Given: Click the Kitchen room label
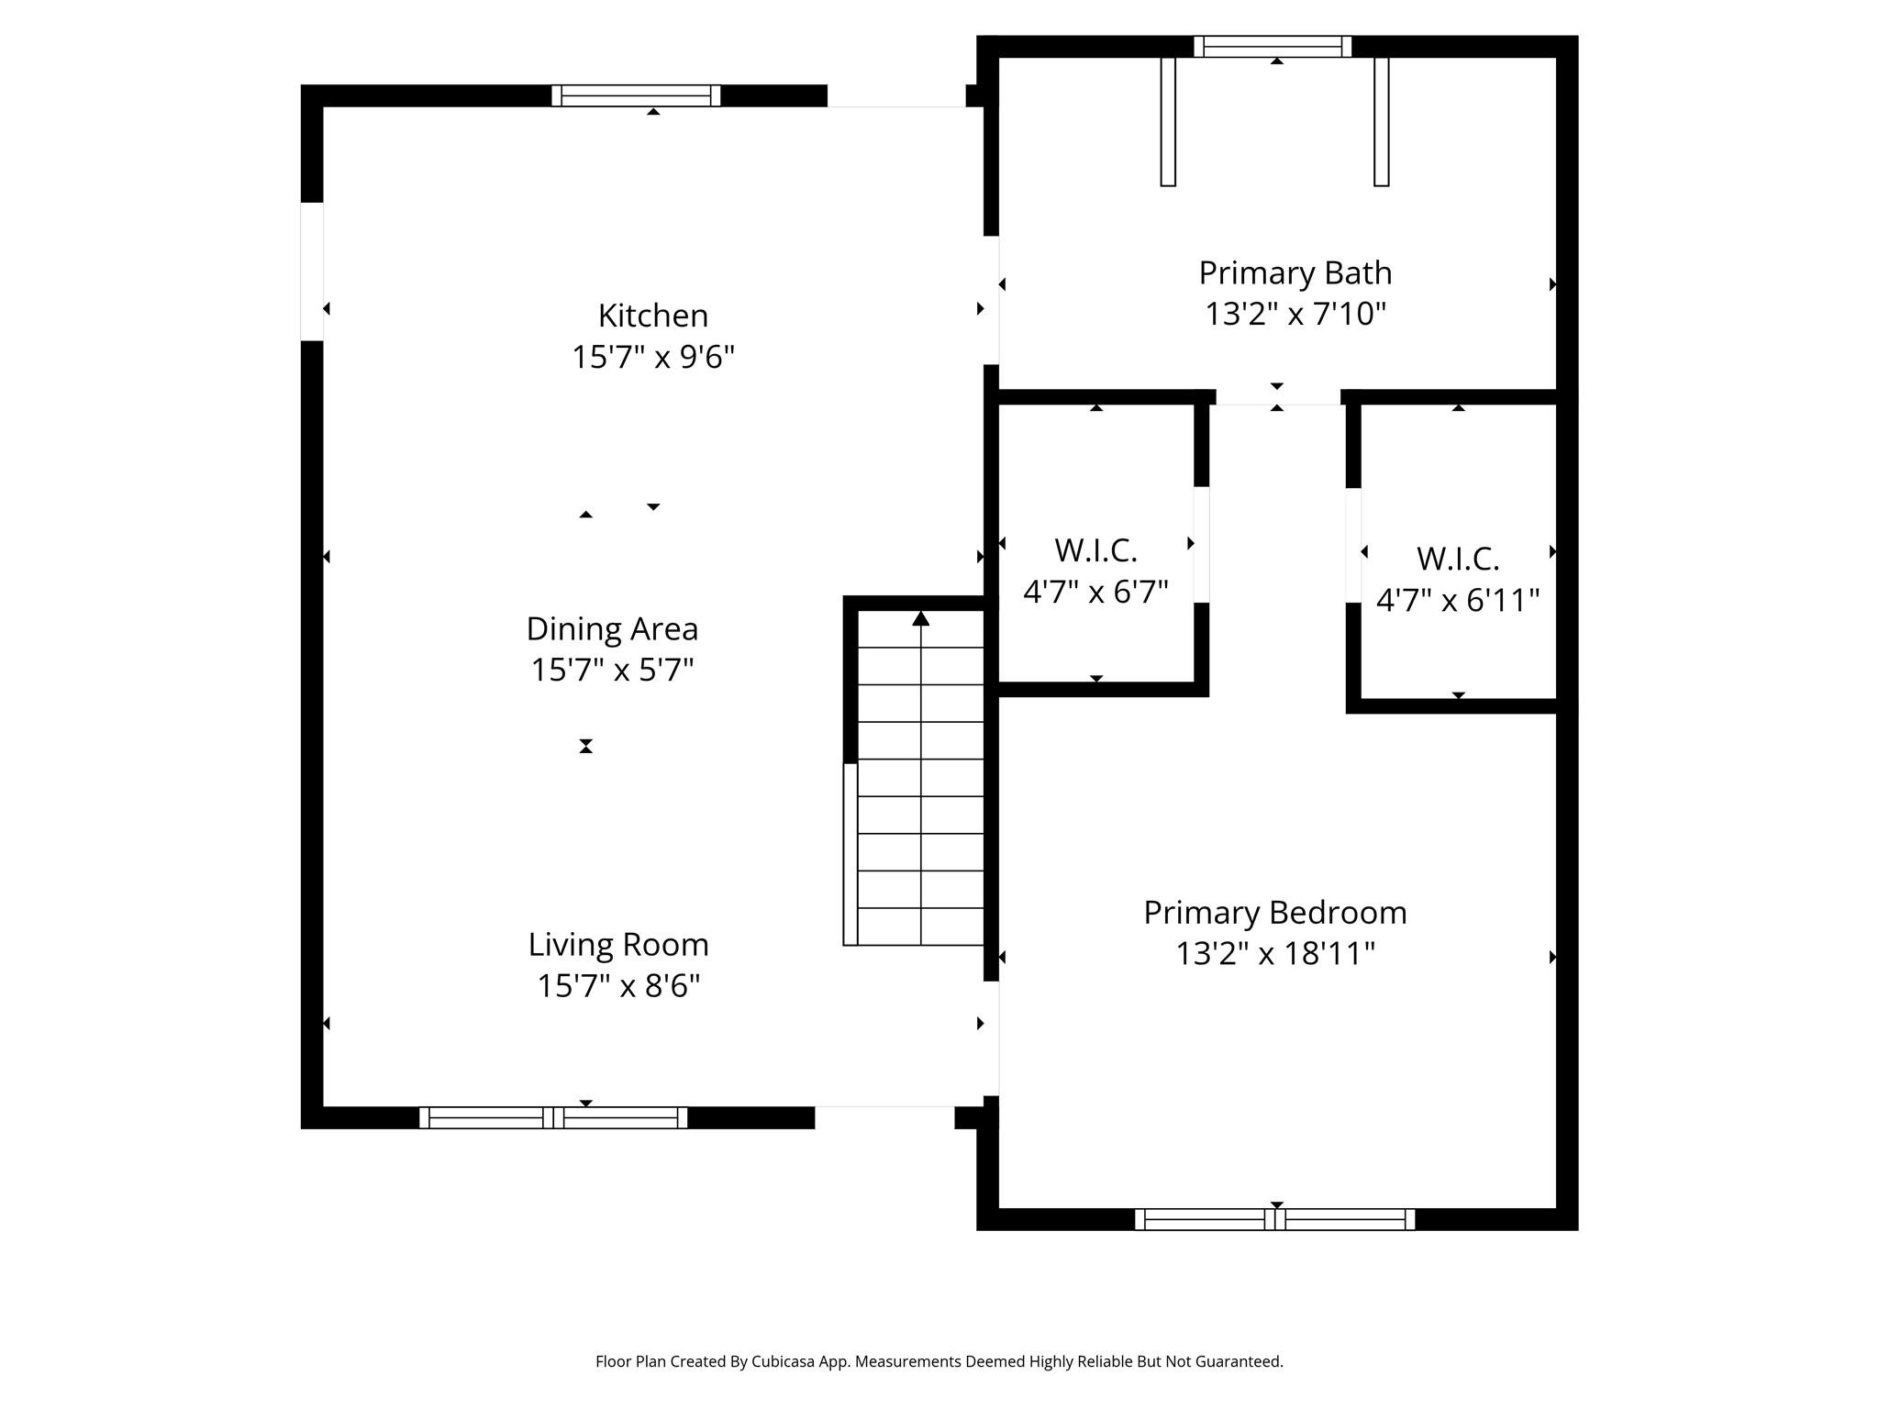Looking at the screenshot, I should tap(652, 316).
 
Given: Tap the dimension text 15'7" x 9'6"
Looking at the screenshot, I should tap(652, 357).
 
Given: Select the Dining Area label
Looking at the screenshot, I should tap(612, 629).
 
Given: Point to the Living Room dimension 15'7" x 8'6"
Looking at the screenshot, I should tap(618, 986).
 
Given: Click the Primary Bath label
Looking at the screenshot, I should tap(1295, 273).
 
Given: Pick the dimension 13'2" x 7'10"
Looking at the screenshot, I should tap(1295, 315).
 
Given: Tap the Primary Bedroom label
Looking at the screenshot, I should tap(1274, 913).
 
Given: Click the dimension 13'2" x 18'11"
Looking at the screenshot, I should tap(1274, 954).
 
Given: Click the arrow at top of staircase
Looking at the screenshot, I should tap(920, 620).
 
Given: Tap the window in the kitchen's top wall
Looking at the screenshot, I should tap(636, 95).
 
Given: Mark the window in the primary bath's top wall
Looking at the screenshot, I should tap(1273, 46).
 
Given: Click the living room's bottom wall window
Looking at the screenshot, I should tap(553, 1117).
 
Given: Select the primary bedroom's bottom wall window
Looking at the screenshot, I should tap(1274, 1219).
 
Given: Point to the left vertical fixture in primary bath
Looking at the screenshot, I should tap(1168, 121).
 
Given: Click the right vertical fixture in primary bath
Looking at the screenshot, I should tap(1381, 121).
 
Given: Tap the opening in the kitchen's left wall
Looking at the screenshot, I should tap(312, 272).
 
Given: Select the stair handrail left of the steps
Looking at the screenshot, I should tap(851, 853).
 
